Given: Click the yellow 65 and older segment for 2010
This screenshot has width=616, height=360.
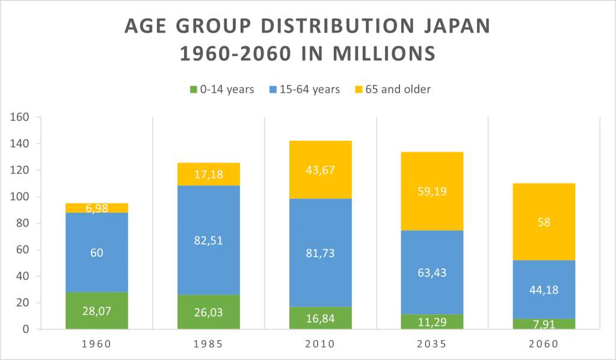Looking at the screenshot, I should pos(321,170).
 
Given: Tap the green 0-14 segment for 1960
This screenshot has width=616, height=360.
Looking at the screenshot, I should pos(97,311).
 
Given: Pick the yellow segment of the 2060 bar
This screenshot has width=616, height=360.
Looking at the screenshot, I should pos(544,222).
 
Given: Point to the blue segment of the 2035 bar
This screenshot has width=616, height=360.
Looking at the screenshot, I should pos(432,272).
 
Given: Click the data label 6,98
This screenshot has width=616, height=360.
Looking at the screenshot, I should pos(97,208).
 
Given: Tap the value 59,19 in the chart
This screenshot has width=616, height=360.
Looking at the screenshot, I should pos(432,191).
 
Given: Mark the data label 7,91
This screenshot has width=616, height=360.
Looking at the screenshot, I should pos(544,324).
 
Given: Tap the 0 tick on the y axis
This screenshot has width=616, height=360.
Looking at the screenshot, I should pos(26,329).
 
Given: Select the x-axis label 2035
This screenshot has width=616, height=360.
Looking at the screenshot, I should pos(432,345).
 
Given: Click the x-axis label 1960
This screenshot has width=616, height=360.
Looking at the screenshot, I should pos(97,345).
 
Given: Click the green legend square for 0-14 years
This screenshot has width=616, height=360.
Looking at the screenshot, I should pos(194,90).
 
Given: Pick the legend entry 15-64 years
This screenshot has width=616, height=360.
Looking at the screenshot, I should pos(306,90).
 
